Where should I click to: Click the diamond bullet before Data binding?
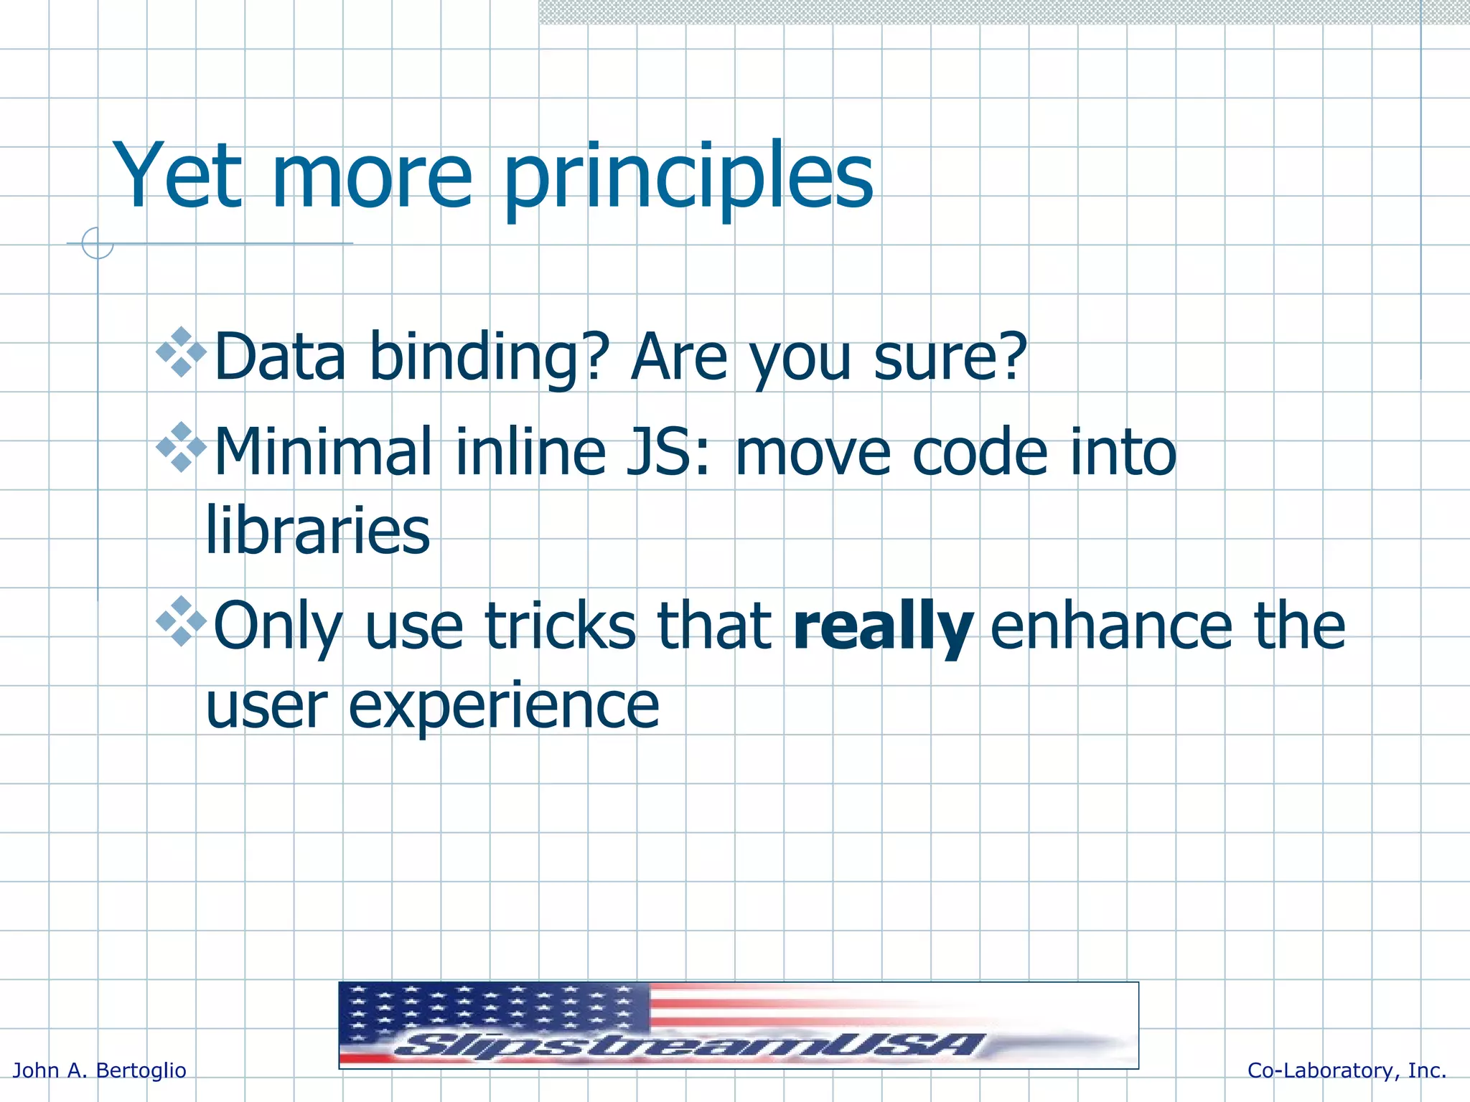182,352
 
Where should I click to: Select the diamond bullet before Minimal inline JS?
182,447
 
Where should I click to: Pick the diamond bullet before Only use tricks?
182,621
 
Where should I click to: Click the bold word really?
883,626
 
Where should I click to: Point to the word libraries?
317,531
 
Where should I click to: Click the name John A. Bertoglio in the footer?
100,1070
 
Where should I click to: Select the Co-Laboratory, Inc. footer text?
1347,1070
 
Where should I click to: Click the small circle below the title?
98,243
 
